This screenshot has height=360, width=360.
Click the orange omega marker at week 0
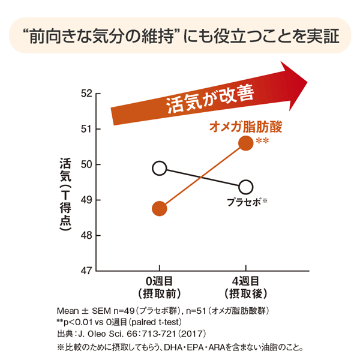point(159,208)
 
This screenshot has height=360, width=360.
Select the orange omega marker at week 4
point(245,142)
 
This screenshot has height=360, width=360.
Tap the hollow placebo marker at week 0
point(159,168)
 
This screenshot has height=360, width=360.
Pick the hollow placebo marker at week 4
point(245,187)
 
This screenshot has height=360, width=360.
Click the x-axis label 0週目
point(159,281)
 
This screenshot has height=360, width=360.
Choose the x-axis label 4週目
point(245,281)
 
